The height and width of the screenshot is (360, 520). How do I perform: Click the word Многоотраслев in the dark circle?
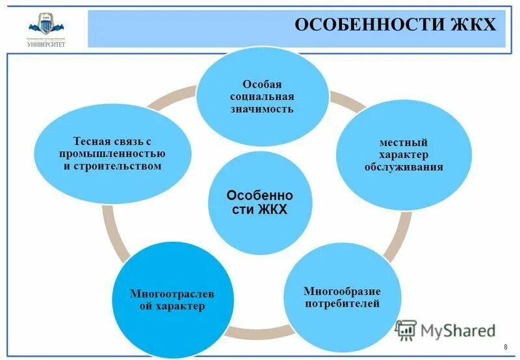[172, 294]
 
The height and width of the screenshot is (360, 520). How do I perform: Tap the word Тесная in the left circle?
[90, 142]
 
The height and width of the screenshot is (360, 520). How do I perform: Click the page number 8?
[506, 347]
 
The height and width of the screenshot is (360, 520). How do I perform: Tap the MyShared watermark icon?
[406, 331]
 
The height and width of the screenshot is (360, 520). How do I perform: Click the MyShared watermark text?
[458, 331]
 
